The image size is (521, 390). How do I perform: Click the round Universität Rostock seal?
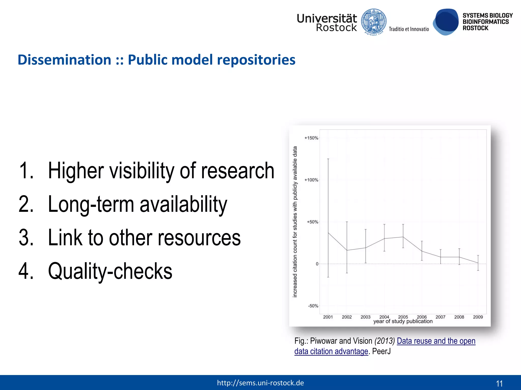(374, 22)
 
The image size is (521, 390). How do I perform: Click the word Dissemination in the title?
(64, 60)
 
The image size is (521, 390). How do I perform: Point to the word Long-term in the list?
(91, 204)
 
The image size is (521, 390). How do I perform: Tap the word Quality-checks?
(110, 271)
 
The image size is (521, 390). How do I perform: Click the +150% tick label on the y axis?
(311, 138)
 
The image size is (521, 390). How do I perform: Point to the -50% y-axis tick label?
(313, 306)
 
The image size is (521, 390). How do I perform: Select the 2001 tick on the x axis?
(328, 317)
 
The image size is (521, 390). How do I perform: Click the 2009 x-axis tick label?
(478, 317)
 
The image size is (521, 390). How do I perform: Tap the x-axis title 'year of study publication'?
(403, 321)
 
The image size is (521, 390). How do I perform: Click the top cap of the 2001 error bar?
(328, 159)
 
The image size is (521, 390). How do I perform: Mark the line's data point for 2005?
(403, 237)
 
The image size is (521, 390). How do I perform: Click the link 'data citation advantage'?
(331, 351)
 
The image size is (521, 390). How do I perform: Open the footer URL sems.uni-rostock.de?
(260, 383)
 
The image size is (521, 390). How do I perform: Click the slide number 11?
(499, 383)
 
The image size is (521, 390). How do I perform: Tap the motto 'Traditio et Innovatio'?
(409, 29)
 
